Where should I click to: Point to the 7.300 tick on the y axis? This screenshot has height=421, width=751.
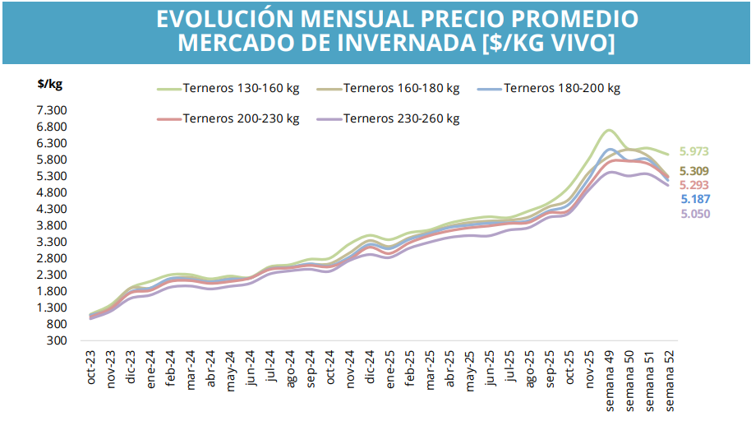click(51, 110)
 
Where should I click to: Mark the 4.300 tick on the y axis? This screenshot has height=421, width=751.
click(51, 209)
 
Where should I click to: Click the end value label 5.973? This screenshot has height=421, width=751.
click(694, 151)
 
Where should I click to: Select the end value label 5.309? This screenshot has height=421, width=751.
click(694, 171)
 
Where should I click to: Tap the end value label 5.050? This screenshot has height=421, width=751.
click(694, 214)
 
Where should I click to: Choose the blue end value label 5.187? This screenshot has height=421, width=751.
click(694, 199)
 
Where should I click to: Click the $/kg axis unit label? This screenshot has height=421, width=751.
click(50, 84)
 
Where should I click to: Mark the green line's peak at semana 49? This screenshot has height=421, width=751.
click(608, 130)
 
